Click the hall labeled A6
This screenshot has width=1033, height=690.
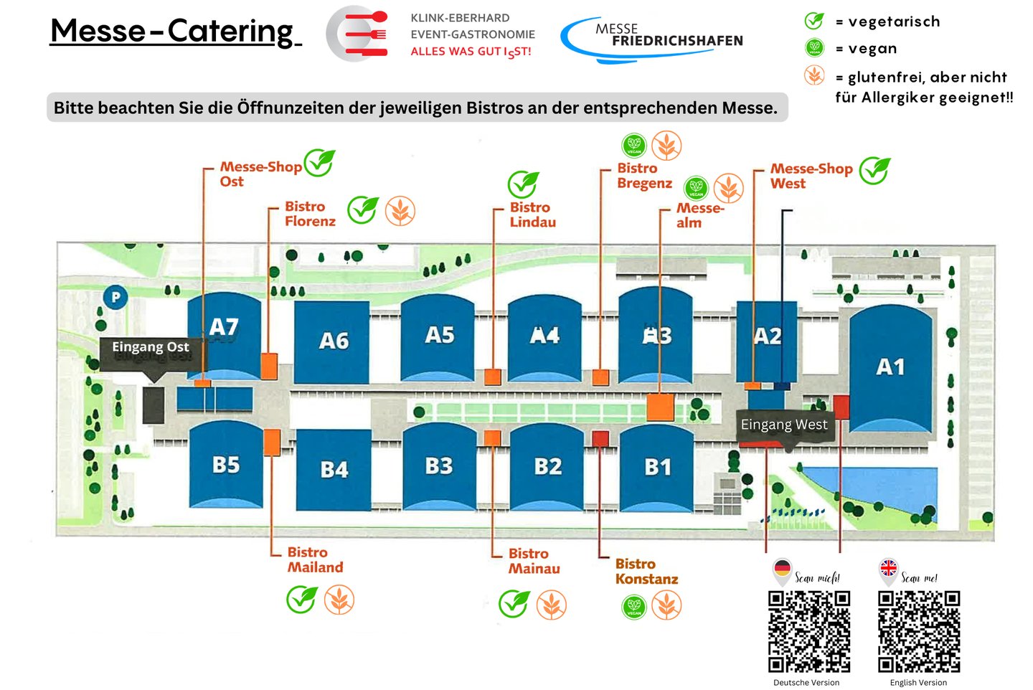point(333,341)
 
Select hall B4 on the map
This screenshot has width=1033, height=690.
point(334,469)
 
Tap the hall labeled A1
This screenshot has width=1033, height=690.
point(890,367)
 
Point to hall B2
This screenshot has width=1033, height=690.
point(547,467)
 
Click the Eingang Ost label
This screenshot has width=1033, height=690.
point(151,348)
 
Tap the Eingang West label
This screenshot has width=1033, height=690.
point(784,425)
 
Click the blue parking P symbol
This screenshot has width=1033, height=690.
point(115,296)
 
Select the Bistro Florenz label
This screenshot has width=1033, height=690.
point(310,214)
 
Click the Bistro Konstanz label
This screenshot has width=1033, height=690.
point(646,572)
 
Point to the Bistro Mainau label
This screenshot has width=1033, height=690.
point(534,561)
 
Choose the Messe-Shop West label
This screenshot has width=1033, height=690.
point(811,176)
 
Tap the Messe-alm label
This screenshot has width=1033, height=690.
point(699,215)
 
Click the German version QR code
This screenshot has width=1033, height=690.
point(809,631)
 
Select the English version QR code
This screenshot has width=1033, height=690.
point(919,631)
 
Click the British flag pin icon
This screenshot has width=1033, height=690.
point(889,570)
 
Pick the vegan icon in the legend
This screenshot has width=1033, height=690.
point(815,48)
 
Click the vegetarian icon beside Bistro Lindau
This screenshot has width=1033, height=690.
point(524,184)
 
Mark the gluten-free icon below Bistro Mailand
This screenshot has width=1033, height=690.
point(339,600)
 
